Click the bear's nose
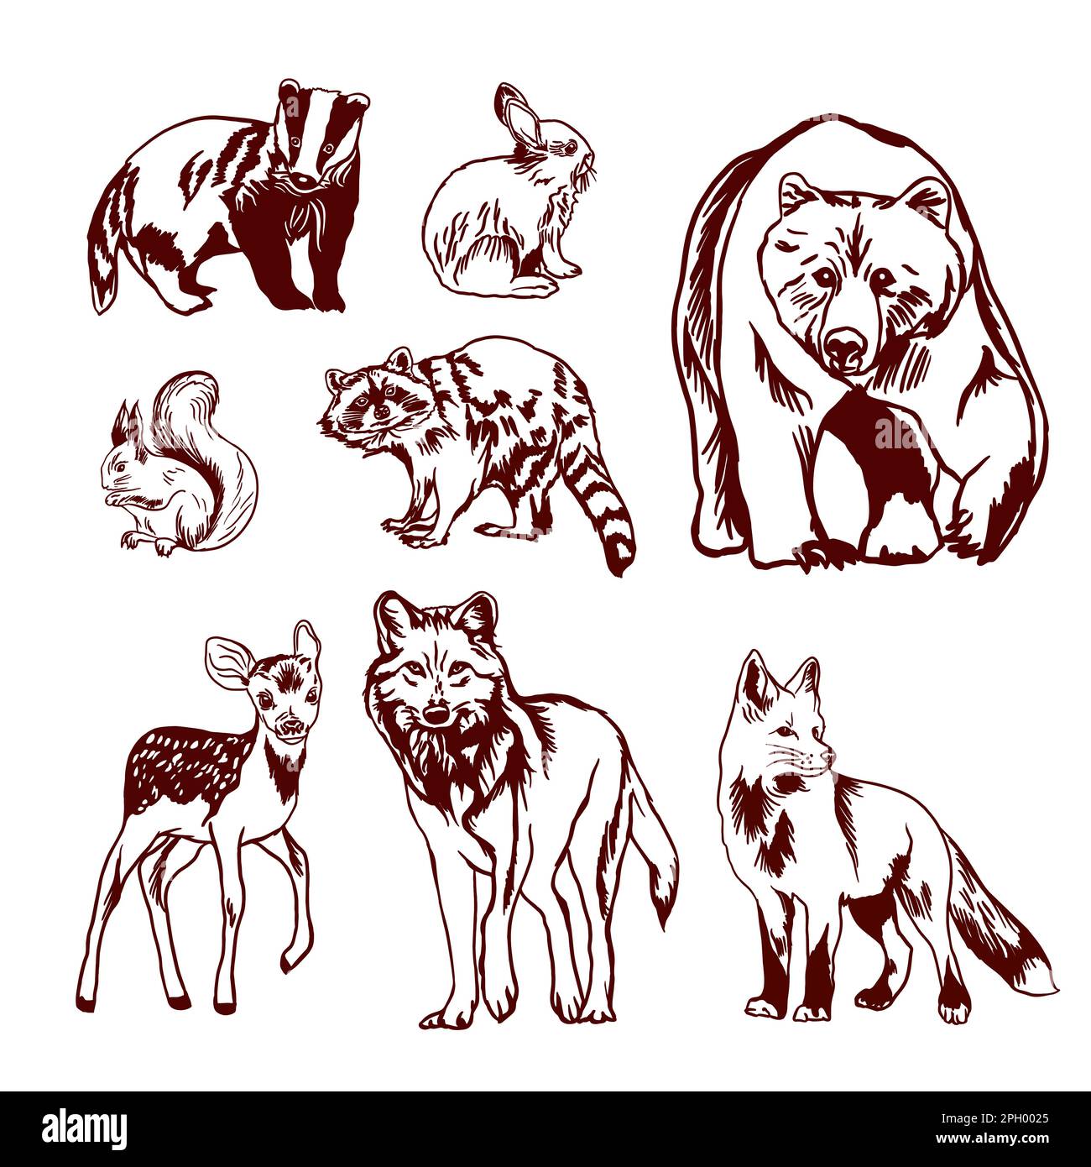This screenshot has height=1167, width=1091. (x=843, y=346)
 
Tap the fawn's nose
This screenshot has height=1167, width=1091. (x=291, y=726)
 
